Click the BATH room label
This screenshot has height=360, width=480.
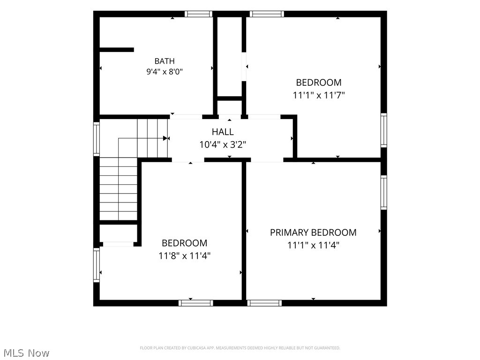pyautogui.click(x=165, y=61)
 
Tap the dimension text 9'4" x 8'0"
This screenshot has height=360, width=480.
pyautogui.click(x=165, y=72)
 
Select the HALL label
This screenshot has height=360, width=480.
pyautogui.click(x=223, y=132)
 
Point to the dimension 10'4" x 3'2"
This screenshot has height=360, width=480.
pyautogui.click(x=223, y=144)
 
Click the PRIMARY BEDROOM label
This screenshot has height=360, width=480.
pyautogui.click(x=313, y=232)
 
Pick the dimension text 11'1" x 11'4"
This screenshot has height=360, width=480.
pyautogui.click(x=313, y=245)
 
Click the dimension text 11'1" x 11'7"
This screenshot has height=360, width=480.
pyautogui.click(x=319, y=95)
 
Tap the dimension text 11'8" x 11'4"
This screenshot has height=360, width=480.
pyautogui.click(x=184, y=255)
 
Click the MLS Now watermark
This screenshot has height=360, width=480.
pyautogui.click(x=26, y=352)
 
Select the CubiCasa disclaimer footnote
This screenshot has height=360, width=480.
pyautogui.click(x=240, y=348)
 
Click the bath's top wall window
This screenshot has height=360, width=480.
pyautogui.click(x=198, y=14)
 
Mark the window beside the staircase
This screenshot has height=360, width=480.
pyautogui.click(x=97, y=139)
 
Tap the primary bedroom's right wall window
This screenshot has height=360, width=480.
pyautogui.click(x=384, y=192)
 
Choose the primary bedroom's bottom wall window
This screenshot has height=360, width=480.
pyautogui.click(x=264, y=303)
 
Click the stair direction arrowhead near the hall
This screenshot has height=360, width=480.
pyautogui.click(x=165, y=138)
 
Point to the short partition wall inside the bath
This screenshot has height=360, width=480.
pyautogui.click(x=117, y=50)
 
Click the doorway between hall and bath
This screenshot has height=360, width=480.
pyautogui.click(x=186, y=117)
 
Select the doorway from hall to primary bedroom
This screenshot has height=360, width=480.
pyautogui.click(x=267, y=160)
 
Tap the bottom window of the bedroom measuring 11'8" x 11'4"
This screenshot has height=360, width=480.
pyautogui.click(x=196, y=303)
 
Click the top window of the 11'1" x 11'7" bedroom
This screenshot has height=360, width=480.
pyautogui.click(x=267, y=14)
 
